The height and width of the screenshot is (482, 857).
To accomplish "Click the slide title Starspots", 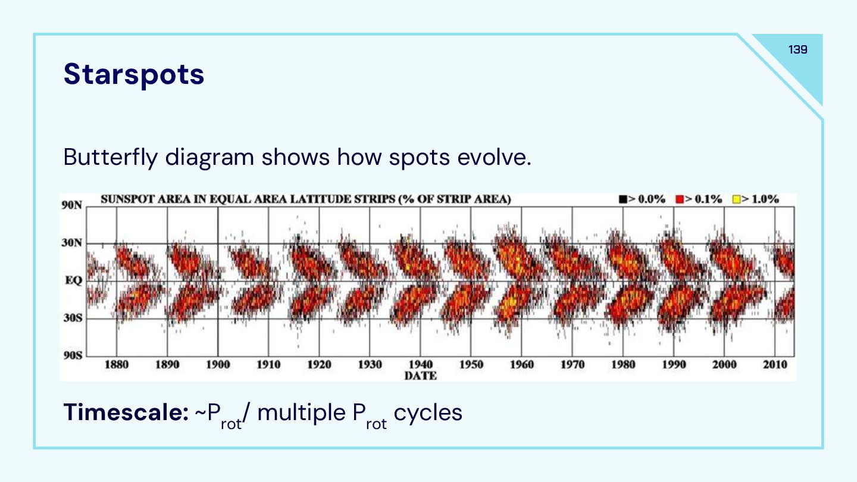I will click(134, 74).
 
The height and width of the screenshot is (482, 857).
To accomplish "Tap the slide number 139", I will click(797, 49).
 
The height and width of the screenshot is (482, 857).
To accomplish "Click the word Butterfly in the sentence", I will click(110, 157).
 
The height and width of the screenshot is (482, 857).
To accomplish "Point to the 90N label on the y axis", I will click(71, 205).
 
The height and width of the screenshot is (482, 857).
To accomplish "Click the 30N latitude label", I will click(71, 243).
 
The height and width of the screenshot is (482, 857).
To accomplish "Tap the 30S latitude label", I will click(71, 318).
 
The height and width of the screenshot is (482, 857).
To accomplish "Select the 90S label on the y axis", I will click(71, 356).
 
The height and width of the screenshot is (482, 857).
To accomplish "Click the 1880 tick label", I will click(117, 365).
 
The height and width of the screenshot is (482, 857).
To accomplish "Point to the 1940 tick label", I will click(421, 365).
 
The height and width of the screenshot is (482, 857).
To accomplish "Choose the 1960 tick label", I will click(522, 365).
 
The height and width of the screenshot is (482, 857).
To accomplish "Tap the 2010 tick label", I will click(775, 365).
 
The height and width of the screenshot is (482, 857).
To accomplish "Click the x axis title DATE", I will click(420, 375).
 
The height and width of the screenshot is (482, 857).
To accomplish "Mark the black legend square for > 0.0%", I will click(623, 199).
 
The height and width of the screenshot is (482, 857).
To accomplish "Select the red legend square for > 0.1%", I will click(679, 199).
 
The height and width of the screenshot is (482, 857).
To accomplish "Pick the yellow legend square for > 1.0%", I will click(735, 199).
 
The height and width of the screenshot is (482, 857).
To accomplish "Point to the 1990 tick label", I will click(674, 365).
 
